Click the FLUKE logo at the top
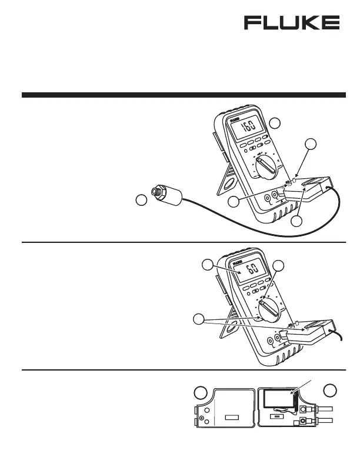[292, 23]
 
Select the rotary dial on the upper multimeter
[264, 168]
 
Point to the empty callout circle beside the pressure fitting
[141, 201]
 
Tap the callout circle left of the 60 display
[207, 264]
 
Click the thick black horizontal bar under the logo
[184, 95]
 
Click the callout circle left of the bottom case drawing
[201, 392]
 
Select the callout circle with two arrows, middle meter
[200, 319]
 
